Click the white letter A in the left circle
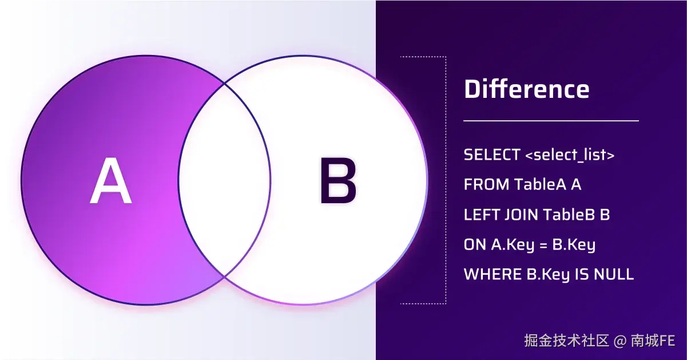click(x=111, y=180)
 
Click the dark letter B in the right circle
click(x=338, y=180)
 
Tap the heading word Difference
click(x=527, y=89)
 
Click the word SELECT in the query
click(x=492, y=155)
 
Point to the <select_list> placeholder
click(x=570, y=155)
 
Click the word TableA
click(x=540, y=184)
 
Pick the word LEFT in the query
click(x=482, y=215)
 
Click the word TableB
click(x=569, y=214)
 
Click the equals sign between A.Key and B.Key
click(x=543, y=245)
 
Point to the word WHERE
click(x=493, y=274)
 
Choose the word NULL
click(x=614, y=274)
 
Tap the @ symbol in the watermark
click(x=620, y=341)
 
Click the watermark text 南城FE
click(x=653, y=341)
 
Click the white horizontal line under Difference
click(x=551, y=121)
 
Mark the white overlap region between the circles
click(x=224, y=180)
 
